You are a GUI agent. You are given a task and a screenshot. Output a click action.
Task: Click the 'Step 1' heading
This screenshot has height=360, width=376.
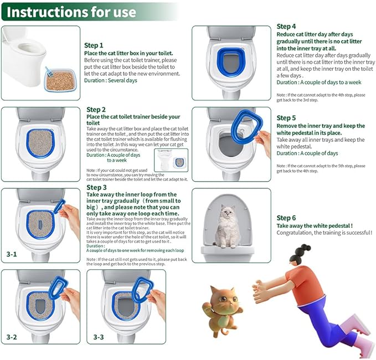point(94,45)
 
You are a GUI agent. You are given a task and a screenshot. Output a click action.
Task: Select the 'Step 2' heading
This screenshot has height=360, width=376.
point(96,110)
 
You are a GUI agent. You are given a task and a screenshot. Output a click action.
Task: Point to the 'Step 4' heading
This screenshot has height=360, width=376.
point(286,26)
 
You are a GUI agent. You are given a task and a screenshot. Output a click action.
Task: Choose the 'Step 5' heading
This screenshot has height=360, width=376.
point(286,118)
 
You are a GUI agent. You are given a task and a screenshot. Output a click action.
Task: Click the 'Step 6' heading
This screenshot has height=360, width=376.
point(286,218)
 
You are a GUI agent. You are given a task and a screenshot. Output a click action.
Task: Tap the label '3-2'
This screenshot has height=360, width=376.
point(11,337)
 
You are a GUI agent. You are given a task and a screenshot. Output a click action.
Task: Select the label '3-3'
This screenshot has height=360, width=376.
point(98,337)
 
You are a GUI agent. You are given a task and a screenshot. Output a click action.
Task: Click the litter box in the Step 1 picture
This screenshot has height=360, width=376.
point(60,81)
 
